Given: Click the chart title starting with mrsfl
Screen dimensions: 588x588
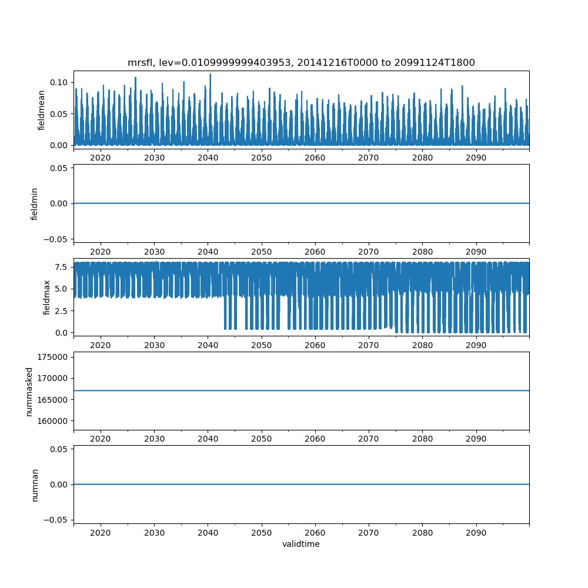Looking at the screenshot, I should [301, 62].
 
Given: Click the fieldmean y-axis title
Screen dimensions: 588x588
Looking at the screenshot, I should [42, 110].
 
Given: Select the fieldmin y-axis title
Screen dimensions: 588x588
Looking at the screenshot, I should [34, 203].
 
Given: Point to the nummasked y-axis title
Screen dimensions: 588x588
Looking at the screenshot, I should [29, 390].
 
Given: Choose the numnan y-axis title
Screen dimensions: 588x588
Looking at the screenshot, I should [35, 485].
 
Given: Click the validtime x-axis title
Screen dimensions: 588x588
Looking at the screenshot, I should [301, 544].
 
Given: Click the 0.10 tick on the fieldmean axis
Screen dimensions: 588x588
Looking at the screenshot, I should [59, 82].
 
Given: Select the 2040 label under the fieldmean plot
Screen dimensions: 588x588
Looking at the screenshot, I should [208, 158].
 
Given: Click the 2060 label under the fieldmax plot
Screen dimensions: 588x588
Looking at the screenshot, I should [315, 345].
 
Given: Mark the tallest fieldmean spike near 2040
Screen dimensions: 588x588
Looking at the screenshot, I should [210, 75].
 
